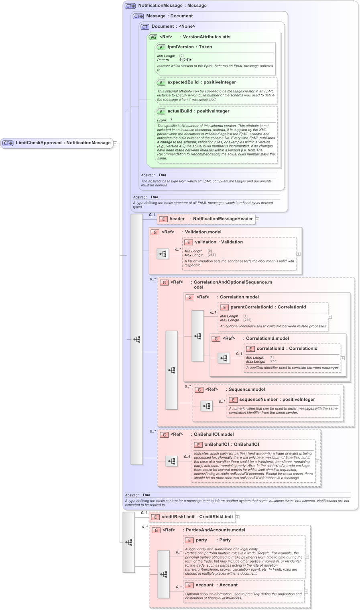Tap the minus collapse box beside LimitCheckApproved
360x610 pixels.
click(x=115, y=143)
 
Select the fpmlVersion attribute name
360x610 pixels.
click(x=180, y=47)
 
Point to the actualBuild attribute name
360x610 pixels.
click(x=181, y=111)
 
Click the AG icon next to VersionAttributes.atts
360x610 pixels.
click(x=153, y=37)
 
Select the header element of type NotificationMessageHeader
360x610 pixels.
click(x=177, y=219)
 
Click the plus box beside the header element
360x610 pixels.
click(x=257, y=219)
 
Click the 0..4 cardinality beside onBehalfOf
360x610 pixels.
click(x=187, y=457)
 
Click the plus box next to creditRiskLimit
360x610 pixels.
click(x=237, y=517)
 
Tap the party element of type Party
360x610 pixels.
click(x=201, y=540)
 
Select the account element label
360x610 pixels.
click(x=205, y=585)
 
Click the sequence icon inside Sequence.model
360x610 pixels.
click(x=207, y=406)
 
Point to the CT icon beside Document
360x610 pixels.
click(x=145, y=27)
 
